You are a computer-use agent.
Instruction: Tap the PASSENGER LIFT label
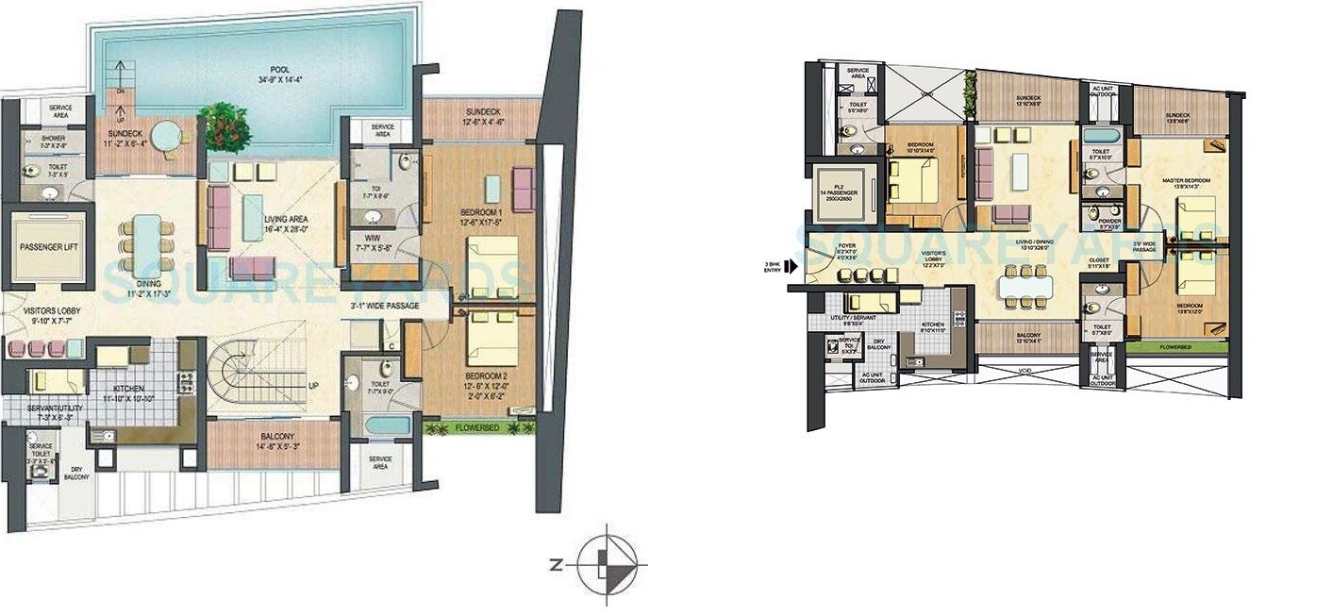click(x=47, y=248)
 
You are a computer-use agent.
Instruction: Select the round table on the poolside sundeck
click(x=165, y=137)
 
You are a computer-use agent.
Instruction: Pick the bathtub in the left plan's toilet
click(x=388, y=425)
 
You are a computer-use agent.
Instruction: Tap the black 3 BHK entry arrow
click(x=791, y=266)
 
